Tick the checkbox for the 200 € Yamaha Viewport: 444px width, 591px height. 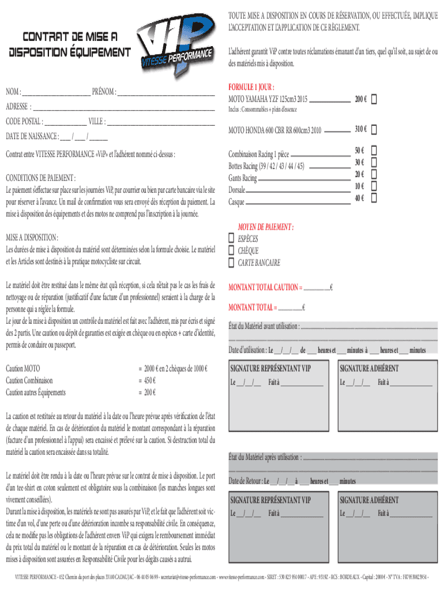374,99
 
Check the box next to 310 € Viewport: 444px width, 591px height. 374,129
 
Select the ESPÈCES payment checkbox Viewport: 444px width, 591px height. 232,239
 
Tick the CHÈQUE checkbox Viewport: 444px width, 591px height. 232,251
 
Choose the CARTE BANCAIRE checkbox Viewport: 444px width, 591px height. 232,263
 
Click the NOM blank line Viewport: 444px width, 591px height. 57,92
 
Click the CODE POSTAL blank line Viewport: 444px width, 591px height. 65,122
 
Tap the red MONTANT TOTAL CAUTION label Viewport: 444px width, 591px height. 265,287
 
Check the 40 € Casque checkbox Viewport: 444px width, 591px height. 374,198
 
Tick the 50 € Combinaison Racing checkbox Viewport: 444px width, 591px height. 374,150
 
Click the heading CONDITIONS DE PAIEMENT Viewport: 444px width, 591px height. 40,178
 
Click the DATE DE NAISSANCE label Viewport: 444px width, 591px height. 32,137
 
